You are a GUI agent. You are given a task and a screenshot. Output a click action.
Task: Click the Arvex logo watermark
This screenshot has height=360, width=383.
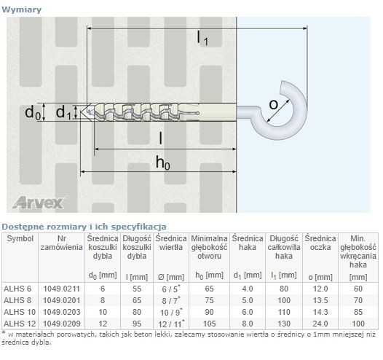pos(39,203)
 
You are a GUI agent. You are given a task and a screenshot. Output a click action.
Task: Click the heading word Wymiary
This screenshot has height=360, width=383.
pos(22,9)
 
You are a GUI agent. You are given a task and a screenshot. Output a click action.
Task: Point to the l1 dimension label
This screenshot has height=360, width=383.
pos(202,39)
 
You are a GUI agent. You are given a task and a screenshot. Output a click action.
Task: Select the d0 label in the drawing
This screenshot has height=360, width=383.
pos(33,113)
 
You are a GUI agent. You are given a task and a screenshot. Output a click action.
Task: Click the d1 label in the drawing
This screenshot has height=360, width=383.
pos(63,113)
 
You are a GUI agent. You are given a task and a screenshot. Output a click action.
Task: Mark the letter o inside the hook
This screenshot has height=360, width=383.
pos(273,105)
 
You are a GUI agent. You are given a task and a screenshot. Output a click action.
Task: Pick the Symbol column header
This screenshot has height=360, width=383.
pos(20,238)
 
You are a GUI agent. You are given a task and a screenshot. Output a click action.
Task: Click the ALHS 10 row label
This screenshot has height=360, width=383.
pos(20,312)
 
